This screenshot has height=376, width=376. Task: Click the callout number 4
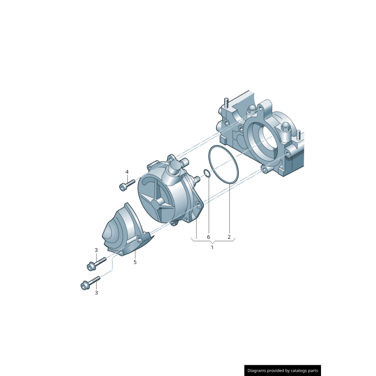point(126,172)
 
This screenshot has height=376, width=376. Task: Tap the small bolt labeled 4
point(126,185)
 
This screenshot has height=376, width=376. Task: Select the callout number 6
point(209,237)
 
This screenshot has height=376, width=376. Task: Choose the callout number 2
point(229,237)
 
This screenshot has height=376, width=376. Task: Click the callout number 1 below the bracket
point(212,247)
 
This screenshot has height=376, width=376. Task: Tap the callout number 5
point(135,262)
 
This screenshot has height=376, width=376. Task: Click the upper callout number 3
point(96,250)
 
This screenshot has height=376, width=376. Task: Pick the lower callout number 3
point(96,292)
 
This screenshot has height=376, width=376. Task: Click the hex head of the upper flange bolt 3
point(90,266)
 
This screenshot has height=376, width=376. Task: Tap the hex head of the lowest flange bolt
point(85,285)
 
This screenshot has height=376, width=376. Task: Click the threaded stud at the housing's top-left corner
point(226,102)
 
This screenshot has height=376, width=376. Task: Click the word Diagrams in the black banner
point(259,370)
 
